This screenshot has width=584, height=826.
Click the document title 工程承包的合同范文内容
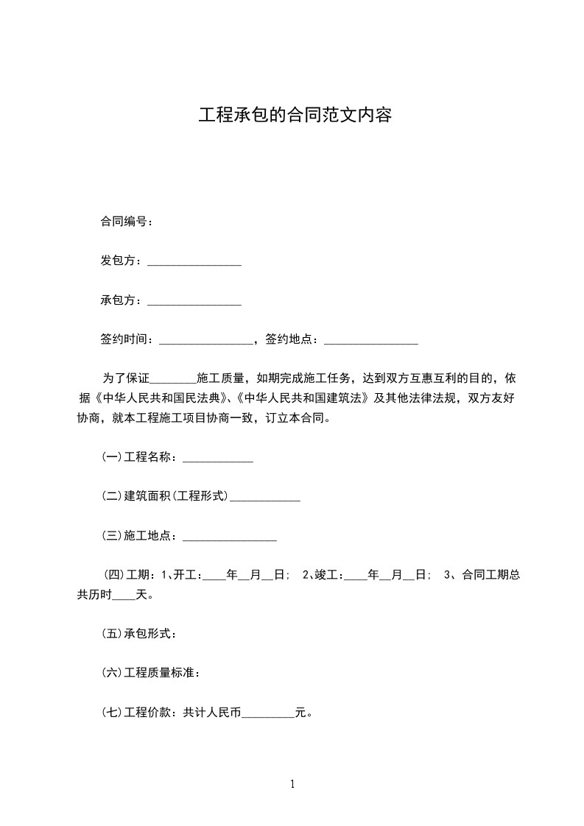point(294,116)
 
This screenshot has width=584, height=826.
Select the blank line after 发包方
point(194,263)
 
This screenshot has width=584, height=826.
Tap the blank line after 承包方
point(194,302)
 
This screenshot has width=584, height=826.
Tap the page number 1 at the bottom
point(292,784)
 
